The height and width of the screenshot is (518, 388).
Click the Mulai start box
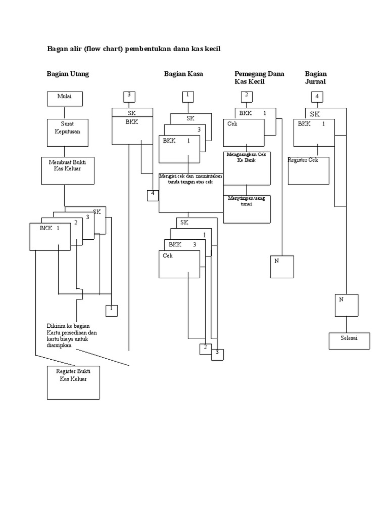point(64,99)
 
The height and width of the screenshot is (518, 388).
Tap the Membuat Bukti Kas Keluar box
point(64,170)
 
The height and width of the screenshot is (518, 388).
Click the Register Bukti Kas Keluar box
point(74,382)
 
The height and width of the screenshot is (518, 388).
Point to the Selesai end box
point(349,340)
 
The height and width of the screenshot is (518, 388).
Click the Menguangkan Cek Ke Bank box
point(247,167)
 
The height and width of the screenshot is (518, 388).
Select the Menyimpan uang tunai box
point(247,209)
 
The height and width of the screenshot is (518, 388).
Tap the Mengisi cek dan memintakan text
point(190,179)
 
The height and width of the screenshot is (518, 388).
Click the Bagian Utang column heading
point(68,74)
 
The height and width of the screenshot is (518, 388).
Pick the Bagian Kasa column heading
point(183,74)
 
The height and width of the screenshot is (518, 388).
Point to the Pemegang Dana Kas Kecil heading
point(259,77)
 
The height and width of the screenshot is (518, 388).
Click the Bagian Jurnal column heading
point(316,77)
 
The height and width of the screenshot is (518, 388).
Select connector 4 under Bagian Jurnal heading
point(317,97)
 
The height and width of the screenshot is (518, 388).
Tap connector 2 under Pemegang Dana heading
point(246,96)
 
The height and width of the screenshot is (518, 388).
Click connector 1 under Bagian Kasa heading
point(187,96)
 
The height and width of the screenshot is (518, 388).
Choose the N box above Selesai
point(347,305)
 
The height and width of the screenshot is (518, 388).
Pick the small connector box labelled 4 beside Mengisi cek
point(153,195)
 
